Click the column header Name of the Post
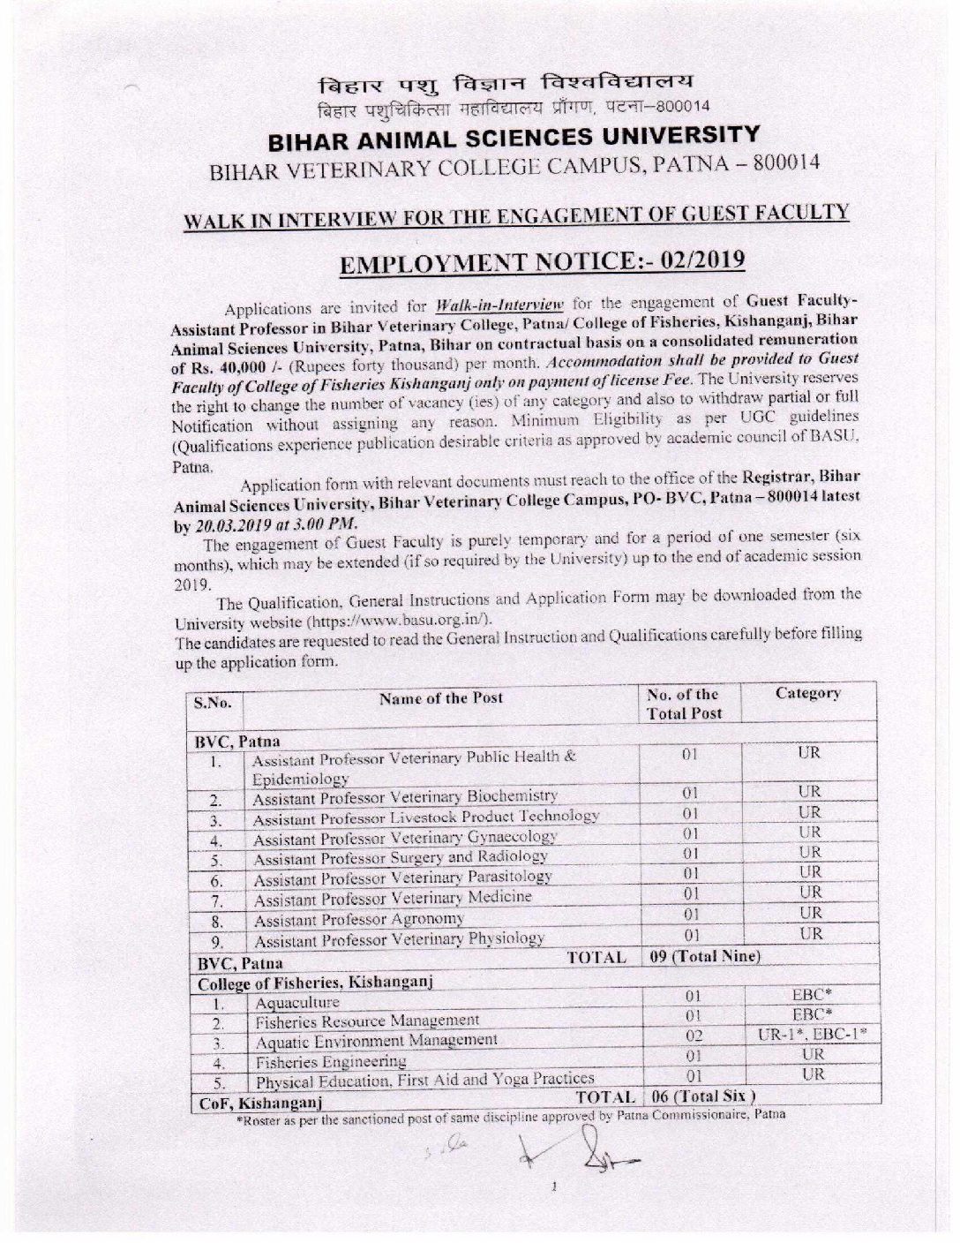pos(441,698)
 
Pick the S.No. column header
pos(213,704)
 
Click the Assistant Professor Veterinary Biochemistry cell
pos(405,797)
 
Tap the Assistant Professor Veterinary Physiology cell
pos(399,938)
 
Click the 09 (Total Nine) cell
pos(704,956)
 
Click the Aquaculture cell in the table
pos(297,1003)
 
